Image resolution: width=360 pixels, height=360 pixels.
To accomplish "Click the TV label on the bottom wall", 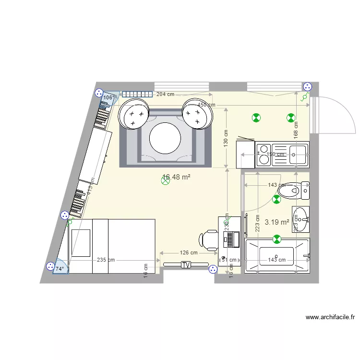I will [x=186, y=264].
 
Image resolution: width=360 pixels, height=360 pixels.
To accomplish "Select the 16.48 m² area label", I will [x=177, y=177].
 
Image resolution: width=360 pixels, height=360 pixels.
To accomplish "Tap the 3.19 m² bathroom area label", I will [x=277, y=222].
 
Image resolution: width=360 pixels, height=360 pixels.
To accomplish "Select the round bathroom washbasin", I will [x=300, y=214].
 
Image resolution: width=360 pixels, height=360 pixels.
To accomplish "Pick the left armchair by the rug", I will [x=134, y=113].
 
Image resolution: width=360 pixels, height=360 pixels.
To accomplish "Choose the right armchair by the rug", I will [x=197, y=113].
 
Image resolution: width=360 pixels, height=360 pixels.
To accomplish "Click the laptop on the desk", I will [x=231, y=239].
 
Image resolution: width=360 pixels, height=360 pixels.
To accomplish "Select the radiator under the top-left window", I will [x=137, y=95].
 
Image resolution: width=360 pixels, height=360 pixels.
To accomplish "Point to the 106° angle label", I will [x=108, y=97].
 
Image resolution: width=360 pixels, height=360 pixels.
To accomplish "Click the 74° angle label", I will [x=60, y=269].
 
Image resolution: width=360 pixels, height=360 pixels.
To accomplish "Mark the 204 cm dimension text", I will [x=165, y=94].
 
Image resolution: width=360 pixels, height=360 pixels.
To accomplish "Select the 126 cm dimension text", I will [x=189, y=252].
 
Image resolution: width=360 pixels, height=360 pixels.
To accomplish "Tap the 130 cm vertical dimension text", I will [x=226, y=139].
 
